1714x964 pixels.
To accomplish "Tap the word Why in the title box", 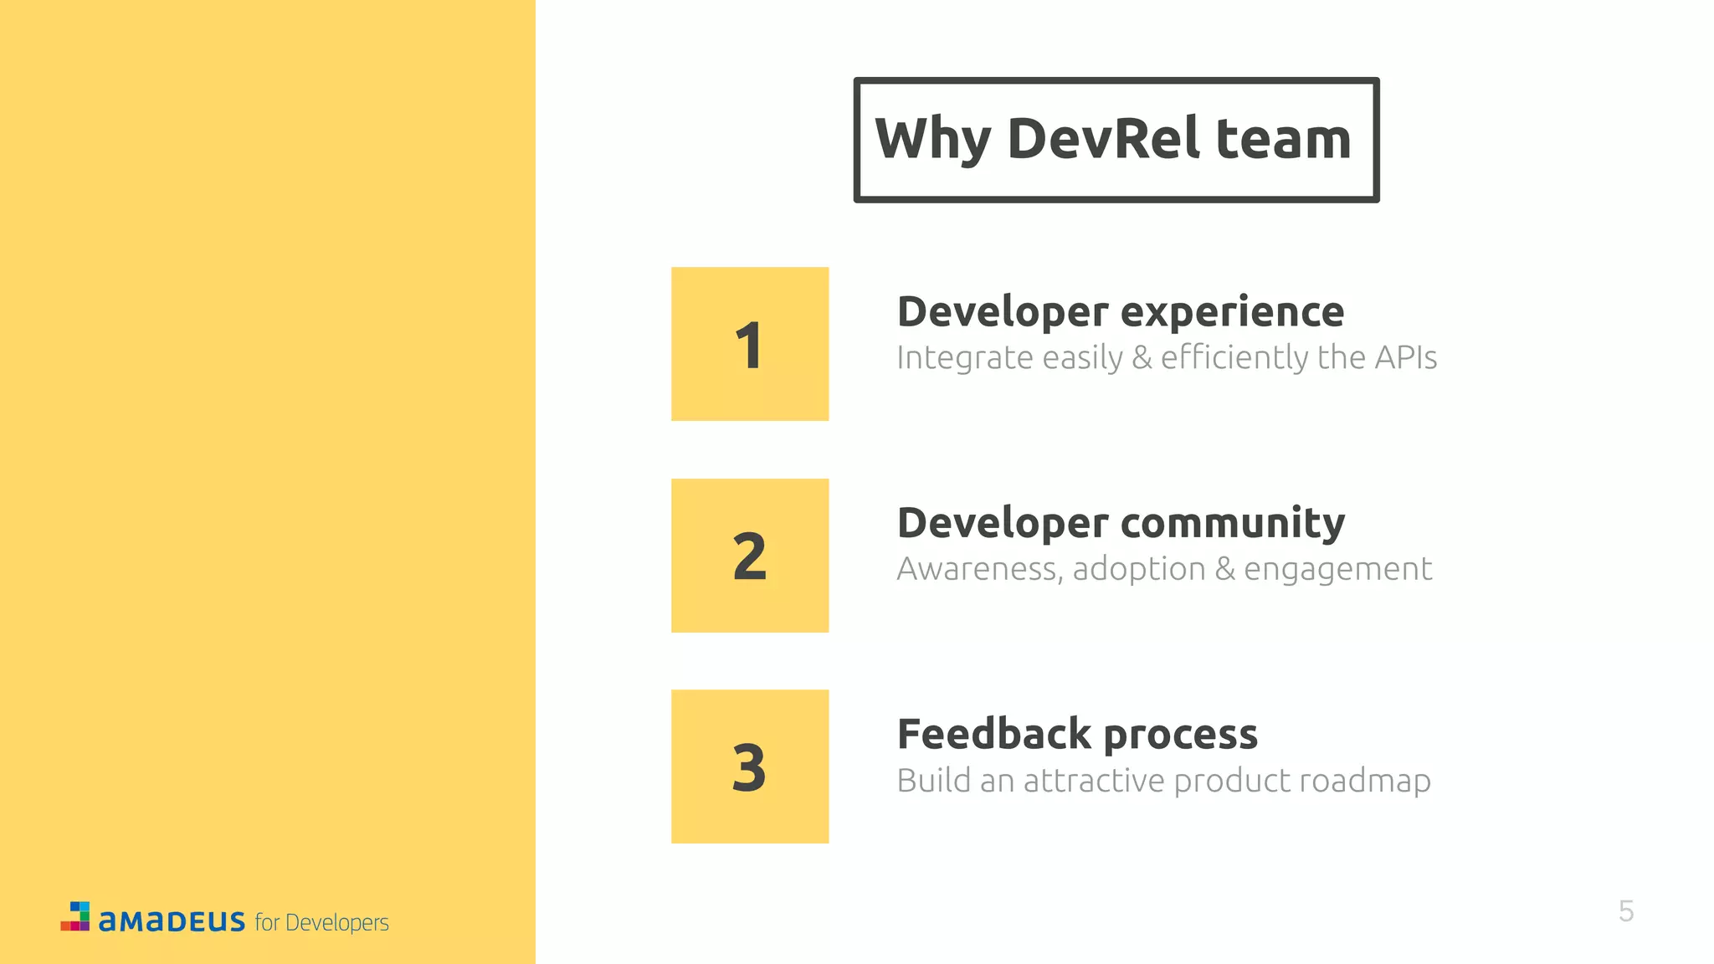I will [x=932, y=140].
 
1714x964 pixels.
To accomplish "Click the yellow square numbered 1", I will [x=750, y=344].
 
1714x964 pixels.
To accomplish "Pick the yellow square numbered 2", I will [x=750, y=556].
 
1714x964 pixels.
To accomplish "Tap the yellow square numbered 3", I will [x=750, y=767].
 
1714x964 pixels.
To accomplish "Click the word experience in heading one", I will [x=1232, y=313].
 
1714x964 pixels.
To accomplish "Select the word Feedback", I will [x=994, y=734].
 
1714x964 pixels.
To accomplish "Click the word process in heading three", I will [x=1180, y=736].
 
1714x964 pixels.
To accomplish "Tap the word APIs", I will [x=1406, y=357].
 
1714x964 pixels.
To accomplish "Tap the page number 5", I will [x=1626, y=911].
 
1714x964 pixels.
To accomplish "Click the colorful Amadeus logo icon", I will [x=75, y=916].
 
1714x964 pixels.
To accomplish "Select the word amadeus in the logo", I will [x=172, y=921].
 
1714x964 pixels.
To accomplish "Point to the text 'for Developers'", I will [x=322, y=922].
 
